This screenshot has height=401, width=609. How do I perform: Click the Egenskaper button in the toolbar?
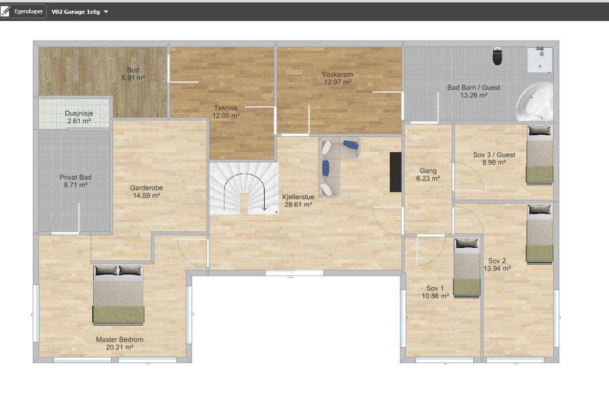[23, 11]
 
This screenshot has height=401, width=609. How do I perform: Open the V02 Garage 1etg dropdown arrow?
[106, 12]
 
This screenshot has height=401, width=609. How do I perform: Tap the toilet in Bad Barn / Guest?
[497, 56]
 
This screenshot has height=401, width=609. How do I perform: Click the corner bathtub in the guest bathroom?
[534, 101]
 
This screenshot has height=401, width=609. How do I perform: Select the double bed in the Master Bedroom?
[118, 294]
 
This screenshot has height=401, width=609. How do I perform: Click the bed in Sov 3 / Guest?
[539, 154]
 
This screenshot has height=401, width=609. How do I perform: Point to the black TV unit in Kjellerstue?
[395, 172]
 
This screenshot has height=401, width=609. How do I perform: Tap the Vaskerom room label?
[337, 74]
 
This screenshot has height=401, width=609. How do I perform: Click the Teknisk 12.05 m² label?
[226, 112]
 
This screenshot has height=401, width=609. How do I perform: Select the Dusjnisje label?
[79, 113]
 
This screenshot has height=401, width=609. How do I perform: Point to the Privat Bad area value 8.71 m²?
[75, 185]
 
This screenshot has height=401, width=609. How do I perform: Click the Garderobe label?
[146, 188]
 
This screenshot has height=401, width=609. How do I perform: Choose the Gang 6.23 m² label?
[428, 174]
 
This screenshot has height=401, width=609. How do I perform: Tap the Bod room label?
[133, 70]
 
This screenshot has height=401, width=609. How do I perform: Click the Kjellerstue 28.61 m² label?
[298, 201]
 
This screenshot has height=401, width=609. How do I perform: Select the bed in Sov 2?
[539, 234]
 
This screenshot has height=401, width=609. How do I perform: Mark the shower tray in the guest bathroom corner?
[540, 60]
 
